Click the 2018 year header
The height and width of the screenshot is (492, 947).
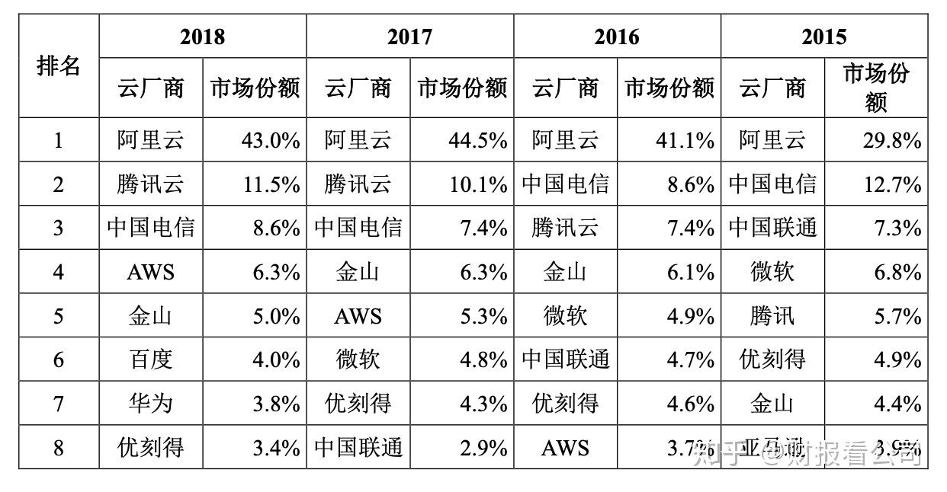coord(203,37)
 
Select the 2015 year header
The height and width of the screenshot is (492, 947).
coord(823,37)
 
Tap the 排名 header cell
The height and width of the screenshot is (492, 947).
coord(59,66)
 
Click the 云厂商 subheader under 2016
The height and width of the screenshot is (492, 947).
coord(565,88)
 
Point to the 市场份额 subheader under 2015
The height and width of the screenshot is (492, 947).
coord(876,88)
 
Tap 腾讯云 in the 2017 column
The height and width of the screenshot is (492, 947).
coord(358,184)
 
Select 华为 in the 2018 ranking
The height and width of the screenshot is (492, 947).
coord(151,403)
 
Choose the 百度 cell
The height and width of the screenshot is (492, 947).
coord(151,359)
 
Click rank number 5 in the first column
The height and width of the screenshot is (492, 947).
coord(59,316)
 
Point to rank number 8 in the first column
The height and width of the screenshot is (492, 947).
coord(59,447)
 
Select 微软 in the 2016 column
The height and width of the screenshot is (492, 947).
coord(565,316)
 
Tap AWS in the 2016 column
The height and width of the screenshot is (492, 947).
coord(565,447)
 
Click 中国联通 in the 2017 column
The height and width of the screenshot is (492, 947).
coord(358,447)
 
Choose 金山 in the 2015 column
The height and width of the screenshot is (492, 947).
coord(772,403)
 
